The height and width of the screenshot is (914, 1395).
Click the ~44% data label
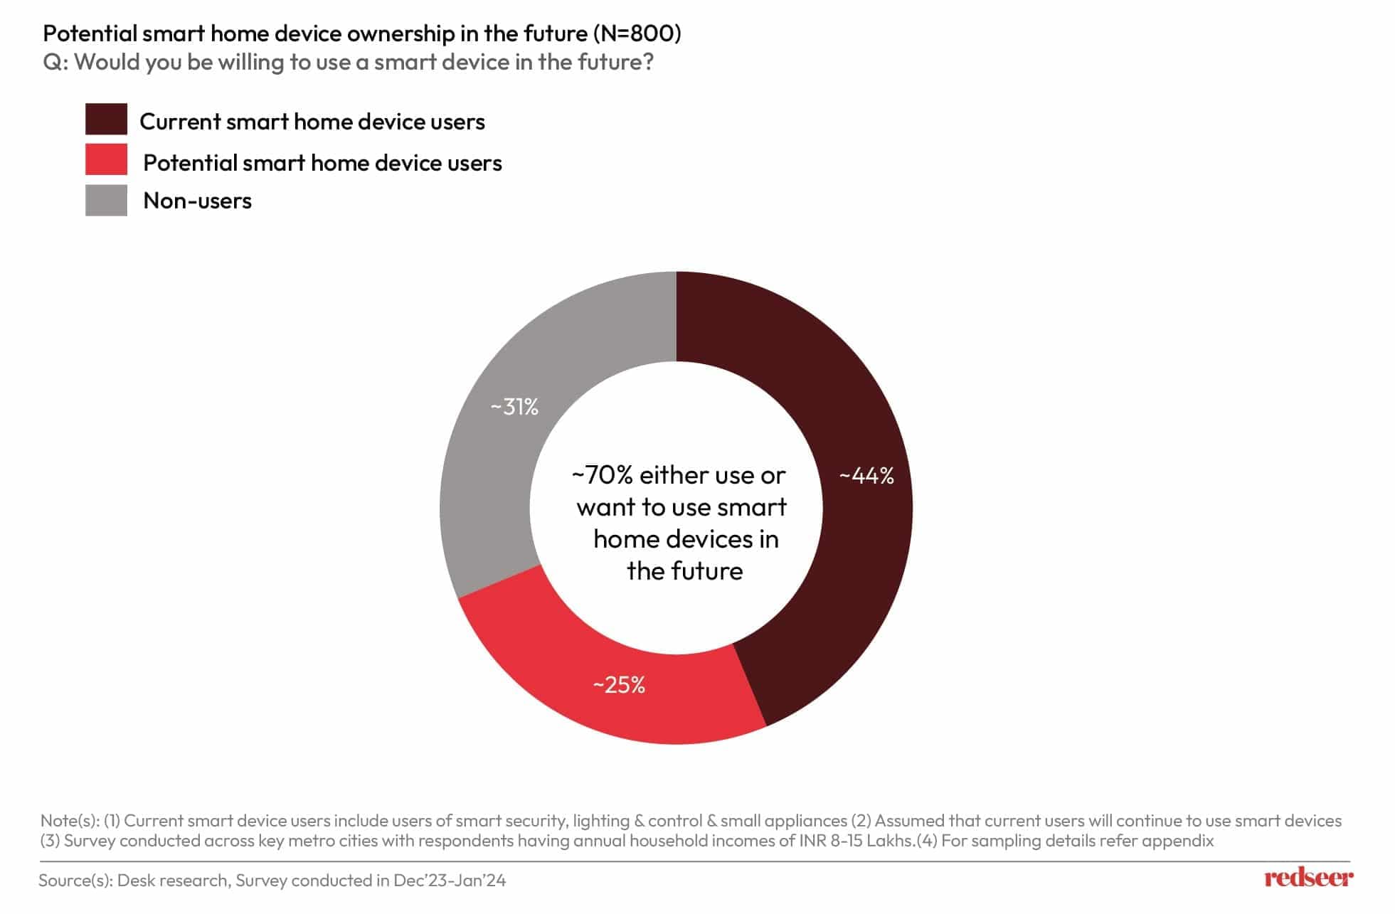coord(866,476)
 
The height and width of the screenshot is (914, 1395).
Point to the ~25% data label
coord(619,685)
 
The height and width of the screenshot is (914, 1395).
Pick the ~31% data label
coord(514,407)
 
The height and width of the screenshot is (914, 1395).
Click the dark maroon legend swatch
coord(106,119)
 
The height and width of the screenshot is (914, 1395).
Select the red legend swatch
coord(106,160)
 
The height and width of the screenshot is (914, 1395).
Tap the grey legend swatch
coord(106,201)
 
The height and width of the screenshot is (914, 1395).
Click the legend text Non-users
coord(197,201)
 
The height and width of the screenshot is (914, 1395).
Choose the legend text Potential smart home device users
coord(322,163)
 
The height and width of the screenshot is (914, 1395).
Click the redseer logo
coord(1308,878)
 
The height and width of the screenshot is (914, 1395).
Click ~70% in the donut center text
coord(602,475)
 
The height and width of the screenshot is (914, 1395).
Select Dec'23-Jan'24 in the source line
coord(449,881)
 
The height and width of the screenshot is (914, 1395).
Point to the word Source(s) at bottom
coord(75,881)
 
